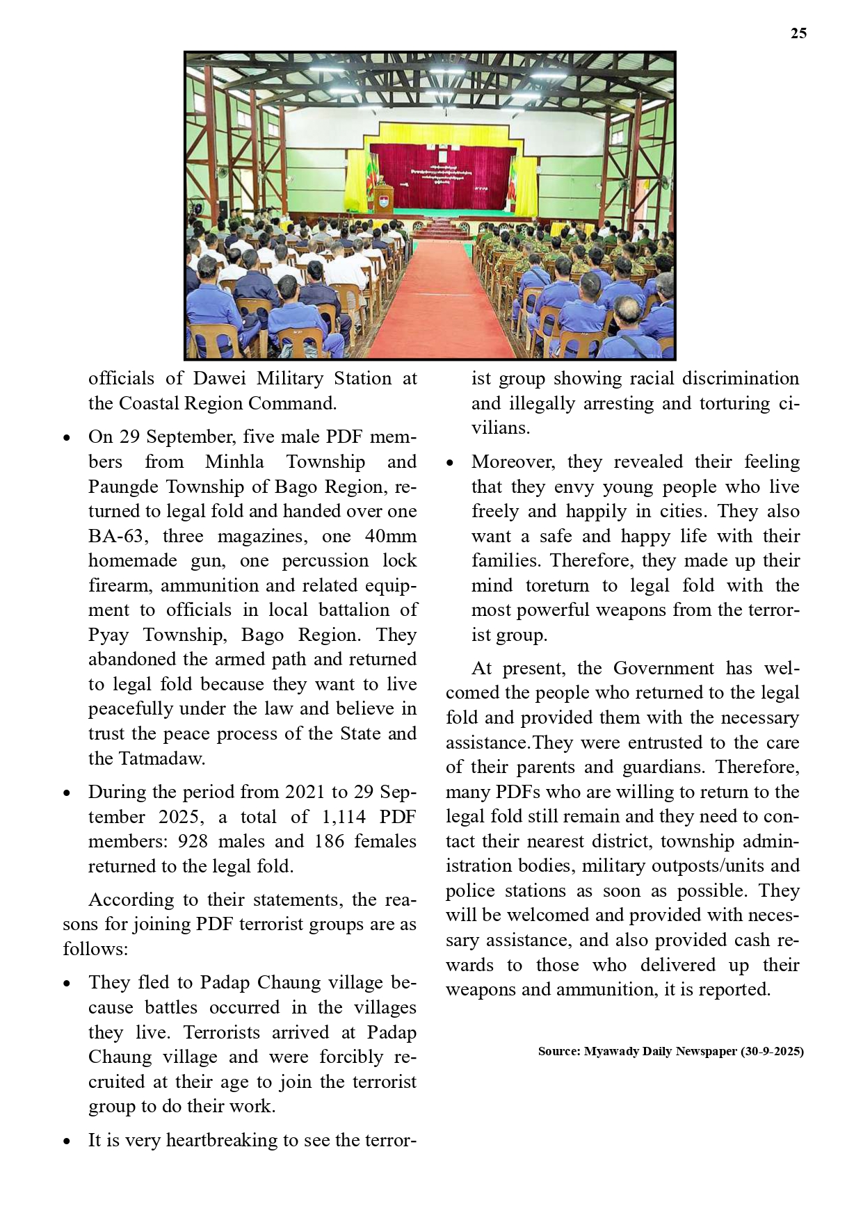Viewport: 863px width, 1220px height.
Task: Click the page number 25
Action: (x=798, y=33)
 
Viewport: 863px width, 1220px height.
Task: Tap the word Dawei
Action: (x=218, y=378)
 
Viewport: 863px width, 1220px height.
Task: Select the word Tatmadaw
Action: (x=162, y=758)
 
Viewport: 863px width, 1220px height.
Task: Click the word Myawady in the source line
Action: (x=611, y=1051)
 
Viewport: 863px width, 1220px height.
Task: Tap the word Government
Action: (x=663, y=668)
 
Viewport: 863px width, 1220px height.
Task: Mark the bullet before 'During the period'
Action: (x=67, y=793)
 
